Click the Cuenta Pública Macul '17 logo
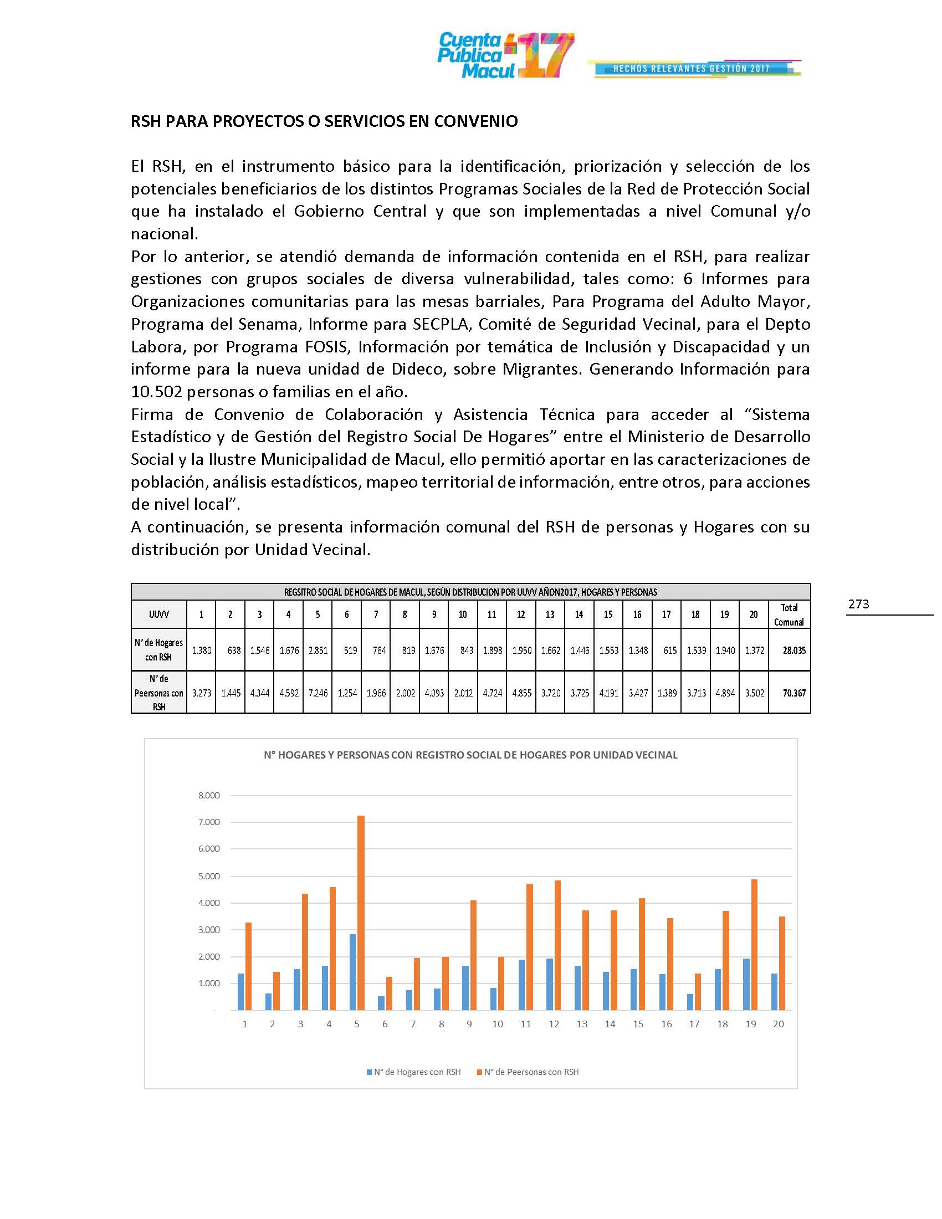(x=505, y=55)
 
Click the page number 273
(x=858, y=604)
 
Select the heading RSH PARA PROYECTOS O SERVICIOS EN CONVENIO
(x=324, y=121)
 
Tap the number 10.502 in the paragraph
(x=156, y=392)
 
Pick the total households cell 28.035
(x=793, y=651)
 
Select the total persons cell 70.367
(x=793, y=693)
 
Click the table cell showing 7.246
(x=318, y=693)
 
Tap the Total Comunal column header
(x=789, y=614)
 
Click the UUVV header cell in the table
(x=159, y=614)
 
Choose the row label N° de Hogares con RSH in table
(x=159, y=650)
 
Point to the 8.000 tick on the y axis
(x=209, y=795)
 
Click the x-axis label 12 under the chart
(x=554, y=1024)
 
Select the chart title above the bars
(x=470, y=755)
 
